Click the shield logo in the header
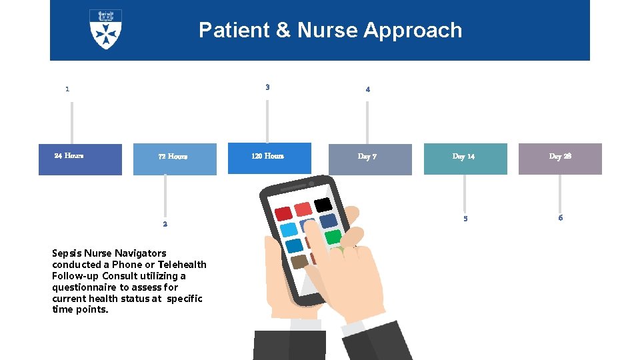pyautogui.click(x=105, y=29)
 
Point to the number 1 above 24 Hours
pyautogui.click(x=67, y=89)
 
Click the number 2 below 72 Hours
pyautogui.click(x=165, y=224)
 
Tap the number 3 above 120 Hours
pyautogui.click(x=267, y=87)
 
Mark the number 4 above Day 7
pyautogui.click(x=367, y=89)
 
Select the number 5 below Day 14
pyautogui.click(x=465, y=219)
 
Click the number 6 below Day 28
pyautogui.click(x=560, y=218)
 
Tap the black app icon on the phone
pyautogui.click(x=323, y=204)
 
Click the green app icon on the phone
pyautogui.click(x=333, y=237)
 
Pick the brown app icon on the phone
pyautogui.click(x=299, y=261)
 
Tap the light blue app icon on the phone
pyautogui.click(x=289, y=230)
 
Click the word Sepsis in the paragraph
pyautogui.click(x=67, y=253)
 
